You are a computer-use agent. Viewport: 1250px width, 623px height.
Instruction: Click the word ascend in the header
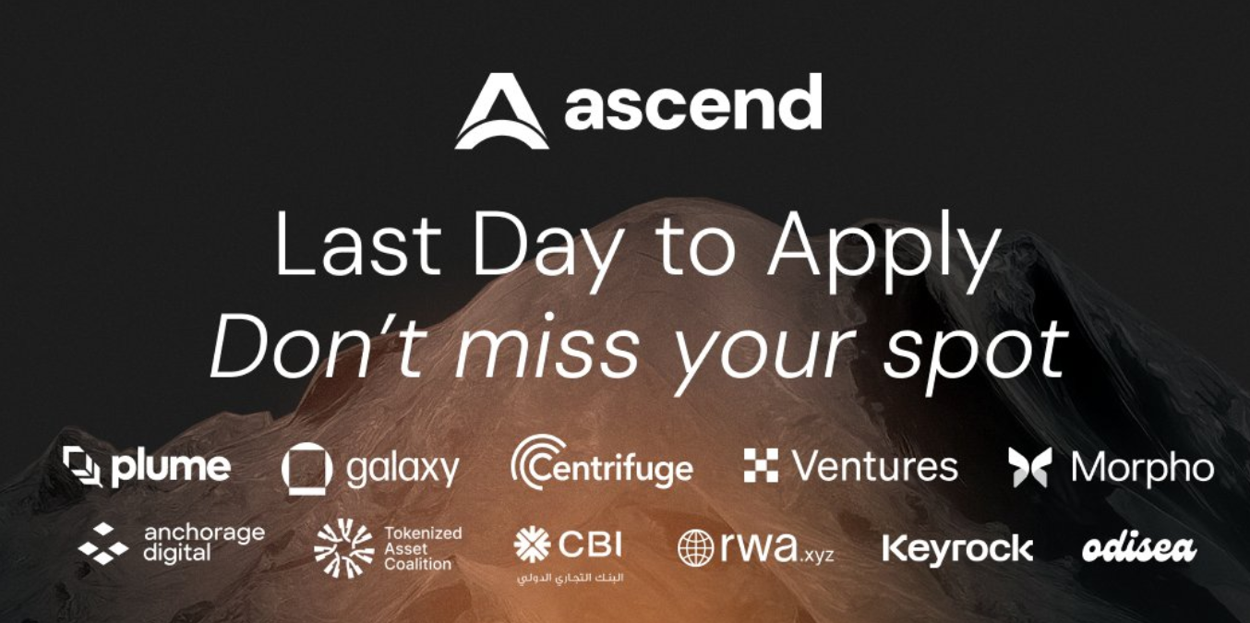tap(693, 102)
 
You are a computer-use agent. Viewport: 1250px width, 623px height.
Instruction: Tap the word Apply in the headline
tap(883, 250)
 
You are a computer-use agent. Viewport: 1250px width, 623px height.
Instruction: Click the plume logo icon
tap(82, 466)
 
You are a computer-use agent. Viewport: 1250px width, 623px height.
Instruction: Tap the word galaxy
tap(403, 470)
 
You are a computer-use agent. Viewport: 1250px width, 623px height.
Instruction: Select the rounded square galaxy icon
tap(306, 469)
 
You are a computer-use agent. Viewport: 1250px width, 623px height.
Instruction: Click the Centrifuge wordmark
tap(602, 464)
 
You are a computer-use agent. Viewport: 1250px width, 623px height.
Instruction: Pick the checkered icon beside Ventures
tap(761, 465)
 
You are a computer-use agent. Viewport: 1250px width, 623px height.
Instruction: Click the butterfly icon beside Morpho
tap(1030, 467)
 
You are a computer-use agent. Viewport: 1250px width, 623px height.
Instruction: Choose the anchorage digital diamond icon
tap(103, 544)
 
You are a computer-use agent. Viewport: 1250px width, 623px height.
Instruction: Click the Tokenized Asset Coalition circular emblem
tap(343, 547)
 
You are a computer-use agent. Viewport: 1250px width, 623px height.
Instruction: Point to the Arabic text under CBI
tap(570, 577)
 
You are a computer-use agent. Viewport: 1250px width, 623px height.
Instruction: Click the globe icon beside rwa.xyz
tap(695, 547)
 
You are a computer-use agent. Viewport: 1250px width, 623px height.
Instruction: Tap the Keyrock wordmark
tap(957, 548)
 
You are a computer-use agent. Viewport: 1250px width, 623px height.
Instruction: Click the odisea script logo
tap(1139, 549)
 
